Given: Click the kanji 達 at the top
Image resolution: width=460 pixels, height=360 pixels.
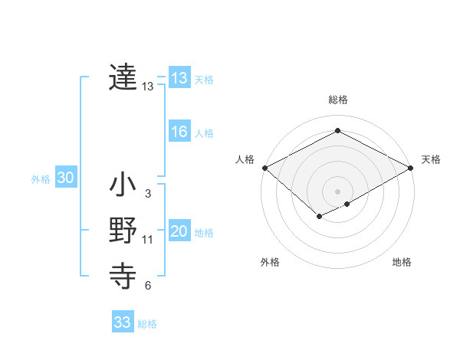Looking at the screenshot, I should click(x=123, y=77).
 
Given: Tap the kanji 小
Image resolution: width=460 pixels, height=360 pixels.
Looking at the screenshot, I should click(x=123, y=186).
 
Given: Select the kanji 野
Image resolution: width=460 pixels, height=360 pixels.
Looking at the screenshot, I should click(x=123, y=231).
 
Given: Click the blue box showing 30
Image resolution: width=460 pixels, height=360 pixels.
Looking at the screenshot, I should click(x=65, y=178).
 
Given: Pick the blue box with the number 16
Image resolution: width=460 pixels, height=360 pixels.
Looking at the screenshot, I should click(x=179, y=132).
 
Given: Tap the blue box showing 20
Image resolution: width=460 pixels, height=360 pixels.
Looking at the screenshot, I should click(x=179, y=231).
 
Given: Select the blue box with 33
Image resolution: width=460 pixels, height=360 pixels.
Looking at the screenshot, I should click(x=122, y=322).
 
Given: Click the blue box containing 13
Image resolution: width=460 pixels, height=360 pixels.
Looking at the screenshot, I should click(x=179, y=77).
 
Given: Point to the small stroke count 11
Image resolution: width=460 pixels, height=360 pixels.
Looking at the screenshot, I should click(x=148, y=240).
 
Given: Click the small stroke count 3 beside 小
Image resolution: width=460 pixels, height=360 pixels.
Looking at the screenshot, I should click(x=147, y=194).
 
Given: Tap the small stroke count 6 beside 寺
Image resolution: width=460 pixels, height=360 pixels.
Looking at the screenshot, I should click(x=147, y=286).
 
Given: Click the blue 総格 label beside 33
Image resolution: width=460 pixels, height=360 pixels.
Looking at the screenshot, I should click(x=147, y=324).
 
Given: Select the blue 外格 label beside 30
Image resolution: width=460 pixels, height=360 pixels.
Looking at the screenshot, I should click(x=41, y=179).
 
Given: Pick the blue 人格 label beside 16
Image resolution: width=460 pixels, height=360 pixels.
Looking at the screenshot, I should click(x=204, y=133).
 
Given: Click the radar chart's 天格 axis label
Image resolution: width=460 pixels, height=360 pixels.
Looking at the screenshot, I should click(x=431, y=159).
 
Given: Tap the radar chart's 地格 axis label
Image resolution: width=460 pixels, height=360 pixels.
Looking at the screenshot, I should click(x=402, y=262).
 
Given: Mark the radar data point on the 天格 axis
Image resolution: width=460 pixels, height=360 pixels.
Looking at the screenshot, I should click(x=412, y=167).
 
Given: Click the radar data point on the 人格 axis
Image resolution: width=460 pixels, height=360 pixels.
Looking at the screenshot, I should click(x=264, y=167).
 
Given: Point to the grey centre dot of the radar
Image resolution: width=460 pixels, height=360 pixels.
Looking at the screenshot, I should click(x=337, y=191).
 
